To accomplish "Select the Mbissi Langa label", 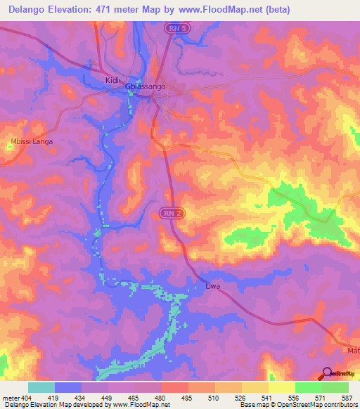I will click(32, 141).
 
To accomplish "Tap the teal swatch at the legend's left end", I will click(41, 387).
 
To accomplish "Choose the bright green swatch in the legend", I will click(308, 387).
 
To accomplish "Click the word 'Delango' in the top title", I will click(28, 10).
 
